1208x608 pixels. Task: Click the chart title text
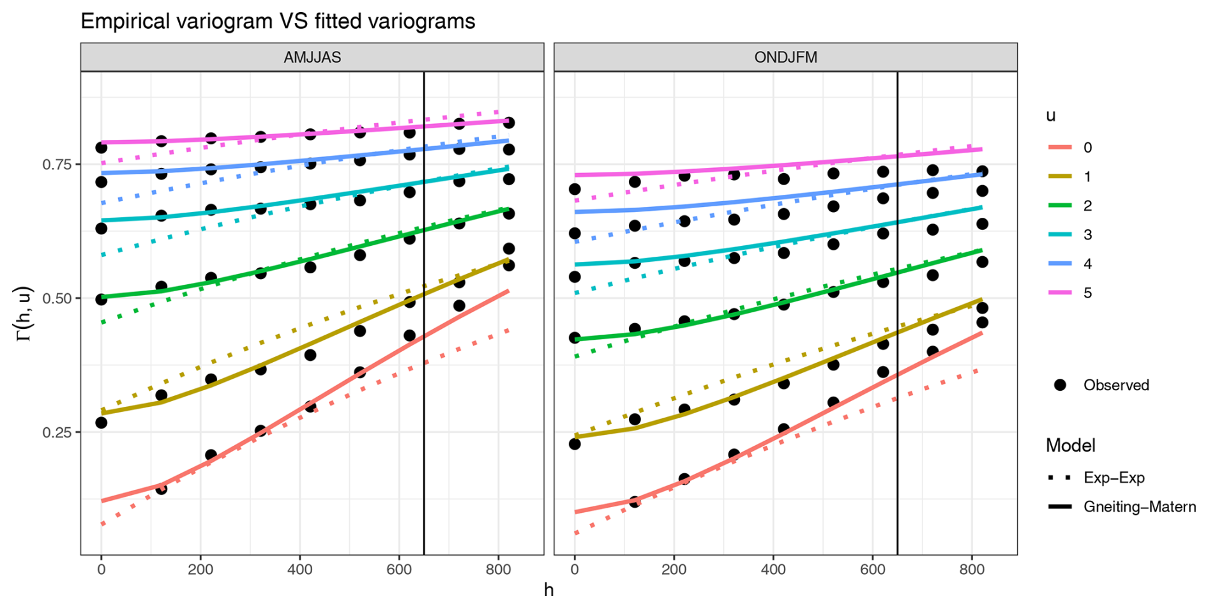[x=278, y=21]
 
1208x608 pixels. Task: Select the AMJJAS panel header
[x=312, y=57]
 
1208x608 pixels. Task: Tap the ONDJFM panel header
[x=785, y=57]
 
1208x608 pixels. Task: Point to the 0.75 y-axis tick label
[x=57, y=164]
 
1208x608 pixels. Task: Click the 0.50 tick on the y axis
[x=57, y=298]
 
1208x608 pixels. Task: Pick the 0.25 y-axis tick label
[x=57, y=432]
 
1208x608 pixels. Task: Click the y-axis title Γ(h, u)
[x=24, y=313]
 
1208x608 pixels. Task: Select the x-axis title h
[x=548, y=589]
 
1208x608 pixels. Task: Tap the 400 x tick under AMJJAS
[x=299, y=569]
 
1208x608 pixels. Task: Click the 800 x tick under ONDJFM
[x=972, y=569]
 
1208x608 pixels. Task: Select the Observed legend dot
[x=1061, y=385]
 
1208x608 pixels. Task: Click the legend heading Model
[x=1070, y=445]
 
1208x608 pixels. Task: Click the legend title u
[x=1050, y=116]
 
